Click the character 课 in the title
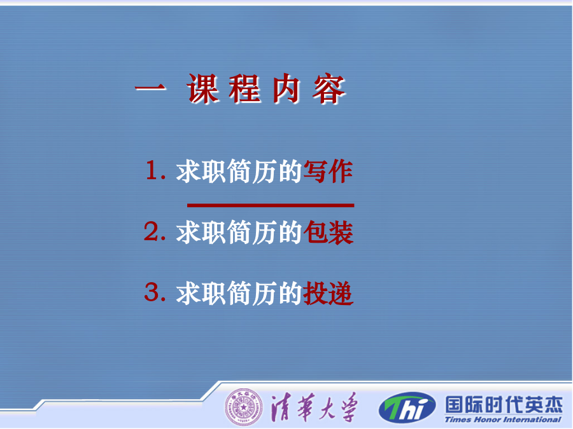tap(203, 89)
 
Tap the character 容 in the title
tap(329, 89)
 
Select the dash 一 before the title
tap(150, 88)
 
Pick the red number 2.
tap(152, 231)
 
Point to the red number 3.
tap(152, 292)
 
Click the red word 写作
tap(328, 172)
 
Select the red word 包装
tap(328, 233)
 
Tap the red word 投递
tap(328, 293)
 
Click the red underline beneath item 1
tap(271, 205)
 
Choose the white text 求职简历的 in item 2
tap(239, 233)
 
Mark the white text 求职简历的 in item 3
tap(239, 293)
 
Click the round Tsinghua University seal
tap(243, 407)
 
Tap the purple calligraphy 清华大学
tap(313, 407)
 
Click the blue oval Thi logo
tap(407, 407)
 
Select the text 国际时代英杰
tap(504, 405)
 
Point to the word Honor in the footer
tap(488, 420)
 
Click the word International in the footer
tap(532, 420)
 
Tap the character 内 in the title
tap(286, 89)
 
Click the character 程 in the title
tap(245, 89)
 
